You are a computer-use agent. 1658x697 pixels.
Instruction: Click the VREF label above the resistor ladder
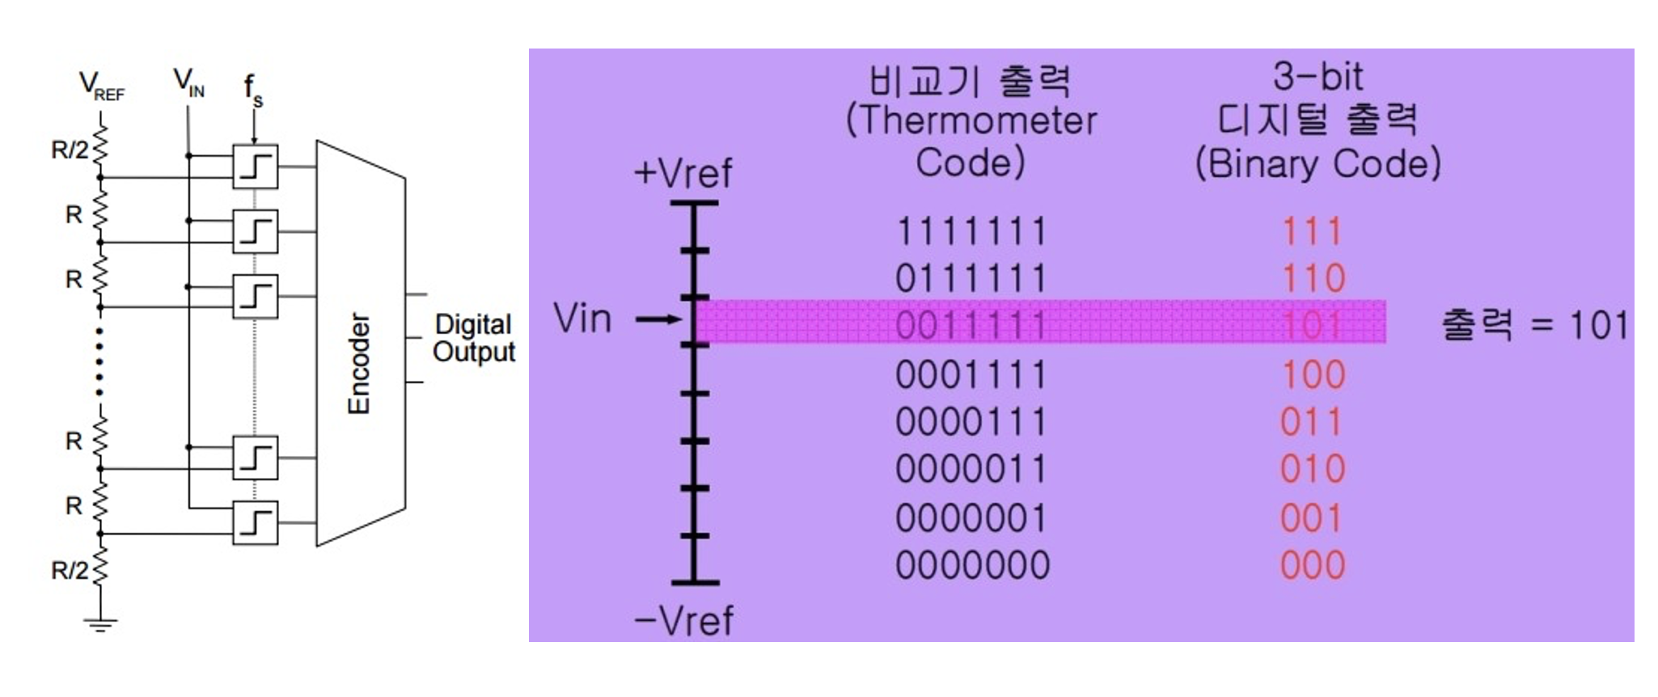(101, 86)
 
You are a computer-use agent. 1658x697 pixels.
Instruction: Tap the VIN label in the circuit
(188, 82)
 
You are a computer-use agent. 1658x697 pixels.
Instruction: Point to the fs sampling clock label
(253, 89)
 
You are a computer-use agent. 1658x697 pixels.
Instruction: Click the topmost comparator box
(255, 167)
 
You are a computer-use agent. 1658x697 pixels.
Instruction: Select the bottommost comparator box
(255, 522)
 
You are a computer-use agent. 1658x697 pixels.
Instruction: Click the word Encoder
(358, 363)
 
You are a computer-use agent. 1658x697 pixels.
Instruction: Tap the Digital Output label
(473, 338)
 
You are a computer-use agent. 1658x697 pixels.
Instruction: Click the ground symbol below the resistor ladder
(100, 623)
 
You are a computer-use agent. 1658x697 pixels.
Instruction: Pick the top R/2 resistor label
(70, 150)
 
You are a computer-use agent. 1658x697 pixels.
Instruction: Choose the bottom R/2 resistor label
(70, 570)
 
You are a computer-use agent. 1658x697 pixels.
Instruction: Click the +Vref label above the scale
(683, 173)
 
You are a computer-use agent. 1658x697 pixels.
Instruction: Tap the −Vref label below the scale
(684, 621)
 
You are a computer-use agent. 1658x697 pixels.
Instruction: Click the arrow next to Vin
(658, 319)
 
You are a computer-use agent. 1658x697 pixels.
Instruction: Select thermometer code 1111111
(971, 232)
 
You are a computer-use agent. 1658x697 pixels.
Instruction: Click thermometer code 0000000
(972, 565)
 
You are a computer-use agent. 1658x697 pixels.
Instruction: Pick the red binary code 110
(1313, 279)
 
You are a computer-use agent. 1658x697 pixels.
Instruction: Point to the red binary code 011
(1312, 422)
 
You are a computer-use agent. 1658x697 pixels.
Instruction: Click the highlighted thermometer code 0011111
(971, 326)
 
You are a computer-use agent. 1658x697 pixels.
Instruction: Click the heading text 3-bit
(1318, 77)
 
